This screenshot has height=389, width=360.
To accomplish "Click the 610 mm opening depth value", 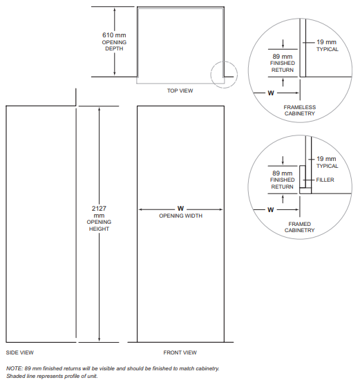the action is click(114, 35).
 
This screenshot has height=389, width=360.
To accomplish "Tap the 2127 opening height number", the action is click(99, 209).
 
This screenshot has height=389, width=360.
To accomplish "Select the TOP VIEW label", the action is click(180, 91).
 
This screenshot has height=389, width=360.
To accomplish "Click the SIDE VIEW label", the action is click(19, 352).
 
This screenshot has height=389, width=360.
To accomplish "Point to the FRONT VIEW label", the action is click(180, 352).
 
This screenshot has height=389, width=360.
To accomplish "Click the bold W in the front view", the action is click(180, 209).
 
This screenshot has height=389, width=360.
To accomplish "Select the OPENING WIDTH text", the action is click(180, 216).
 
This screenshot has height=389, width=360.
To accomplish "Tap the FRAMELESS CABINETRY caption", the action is click(300, 111).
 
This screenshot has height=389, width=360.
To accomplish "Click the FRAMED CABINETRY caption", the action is click(300, 227).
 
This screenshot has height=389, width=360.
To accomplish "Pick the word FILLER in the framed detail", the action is click(325, 180).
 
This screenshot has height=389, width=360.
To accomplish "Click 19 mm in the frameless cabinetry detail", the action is click(327, 42).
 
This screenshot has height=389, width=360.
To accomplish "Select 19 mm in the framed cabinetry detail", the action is click(326, 159).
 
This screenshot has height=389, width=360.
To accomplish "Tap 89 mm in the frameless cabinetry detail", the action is click(283, 57).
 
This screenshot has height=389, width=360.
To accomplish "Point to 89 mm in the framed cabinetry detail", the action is click(283, 173).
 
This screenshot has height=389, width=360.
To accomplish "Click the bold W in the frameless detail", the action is click(271, 93).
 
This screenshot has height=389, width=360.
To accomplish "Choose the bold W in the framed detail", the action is click(271, 210).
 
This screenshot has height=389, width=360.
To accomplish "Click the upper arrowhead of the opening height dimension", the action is click(100, 109).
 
